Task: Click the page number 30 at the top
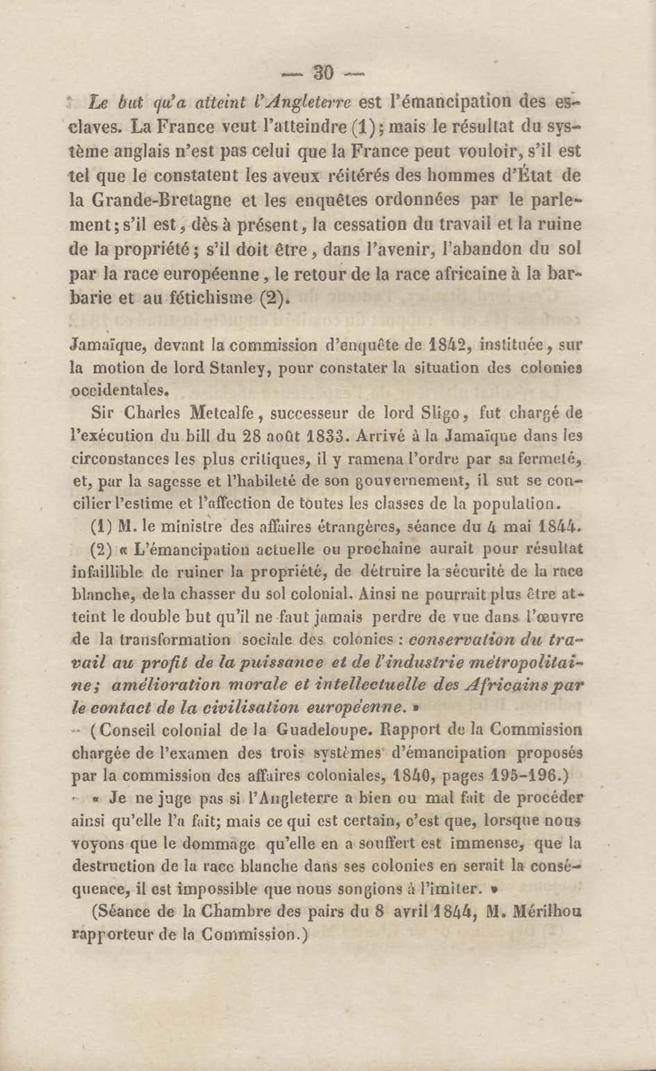coord(323,73)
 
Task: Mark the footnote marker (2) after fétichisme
coord(274,299)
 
